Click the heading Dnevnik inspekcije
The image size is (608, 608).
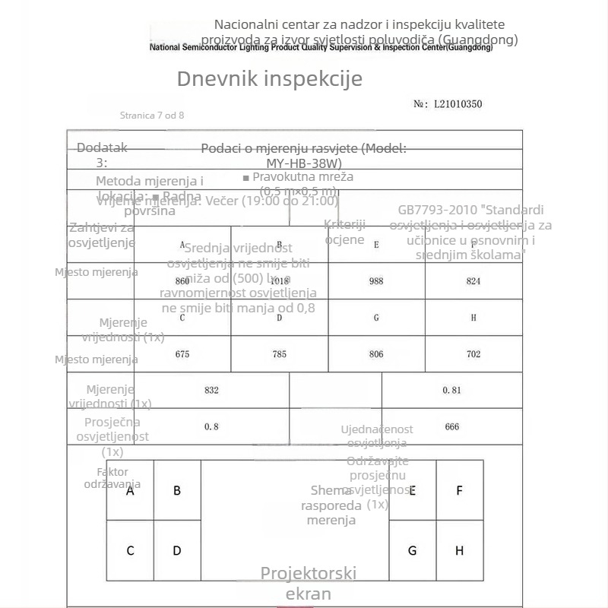point(270,79)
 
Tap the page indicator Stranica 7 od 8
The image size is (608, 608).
point(152,116)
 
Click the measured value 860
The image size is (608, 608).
point(182,281)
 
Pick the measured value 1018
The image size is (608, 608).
point(280,281)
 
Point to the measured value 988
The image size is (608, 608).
point(376,281)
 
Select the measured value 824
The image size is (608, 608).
point(473,281)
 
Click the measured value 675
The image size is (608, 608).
point(182,354)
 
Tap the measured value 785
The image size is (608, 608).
point(280,354)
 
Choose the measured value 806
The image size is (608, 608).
point(376,354)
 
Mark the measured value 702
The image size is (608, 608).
point(473,354)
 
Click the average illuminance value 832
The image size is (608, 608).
point(211,390)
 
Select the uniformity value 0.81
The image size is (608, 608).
point(451,390)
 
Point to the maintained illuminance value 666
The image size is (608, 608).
point(451,426)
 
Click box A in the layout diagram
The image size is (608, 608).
point(130,491)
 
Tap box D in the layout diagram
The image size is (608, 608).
point(177,550)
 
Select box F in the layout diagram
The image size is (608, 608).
point(460,491)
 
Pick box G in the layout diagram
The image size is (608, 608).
point(413,550)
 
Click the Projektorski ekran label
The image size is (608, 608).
point(309,583)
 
